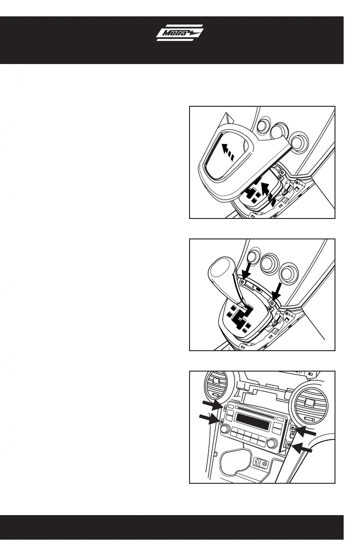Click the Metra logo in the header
click(x=180, y=33)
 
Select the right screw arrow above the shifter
click(x=276, y=292)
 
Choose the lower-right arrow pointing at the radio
click(x=301, y=448)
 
